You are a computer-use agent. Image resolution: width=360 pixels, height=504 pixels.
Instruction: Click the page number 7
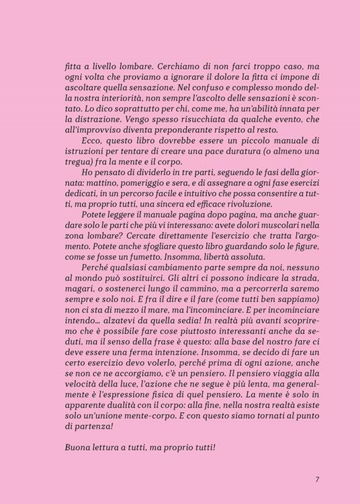316,480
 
